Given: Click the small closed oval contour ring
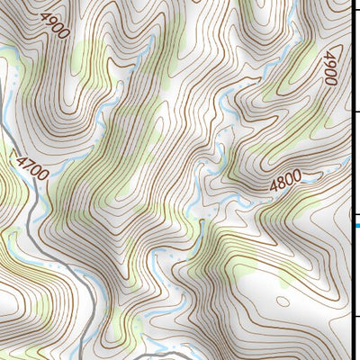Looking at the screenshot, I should (x=283, y=301).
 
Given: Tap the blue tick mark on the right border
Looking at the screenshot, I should (x=355, y=224).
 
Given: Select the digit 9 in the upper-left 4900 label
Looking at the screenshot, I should (x=49, y=20).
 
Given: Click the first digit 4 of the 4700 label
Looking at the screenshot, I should (x=20, y=159).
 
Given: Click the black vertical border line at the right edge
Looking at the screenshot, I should (x=350, y=180).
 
